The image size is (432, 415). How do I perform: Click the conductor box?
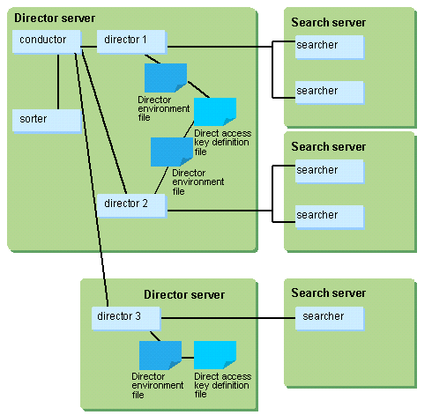[47, 41]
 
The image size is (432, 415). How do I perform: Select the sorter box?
[47, 121]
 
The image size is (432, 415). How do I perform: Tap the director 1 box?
[131, 41]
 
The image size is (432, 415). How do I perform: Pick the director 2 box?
[131, 205]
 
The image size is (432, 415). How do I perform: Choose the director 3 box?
[126, 318]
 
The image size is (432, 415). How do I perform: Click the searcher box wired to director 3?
[330, 318]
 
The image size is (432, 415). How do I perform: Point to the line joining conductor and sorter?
[58, 81]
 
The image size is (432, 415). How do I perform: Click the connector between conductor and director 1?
[89, 47]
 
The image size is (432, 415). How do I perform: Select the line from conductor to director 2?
[104, 122]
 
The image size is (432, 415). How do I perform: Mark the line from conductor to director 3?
[92, 180]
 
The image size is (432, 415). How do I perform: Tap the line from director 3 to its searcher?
[228, 318]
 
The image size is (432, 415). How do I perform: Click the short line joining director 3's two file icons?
[188, 358]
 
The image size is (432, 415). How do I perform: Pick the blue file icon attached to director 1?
[166, 78]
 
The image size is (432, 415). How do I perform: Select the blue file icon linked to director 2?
[172, 152]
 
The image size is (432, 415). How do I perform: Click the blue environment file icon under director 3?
[160, 355]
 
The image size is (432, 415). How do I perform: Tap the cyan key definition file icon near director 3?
[215, 355]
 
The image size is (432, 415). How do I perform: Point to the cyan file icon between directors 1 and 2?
[215, 112]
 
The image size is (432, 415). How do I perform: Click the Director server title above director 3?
[184, 294]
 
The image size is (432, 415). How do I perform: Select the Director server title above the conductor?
[55, 18]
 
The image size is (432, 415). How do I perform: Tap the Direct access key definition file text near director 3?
[223, 385]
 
